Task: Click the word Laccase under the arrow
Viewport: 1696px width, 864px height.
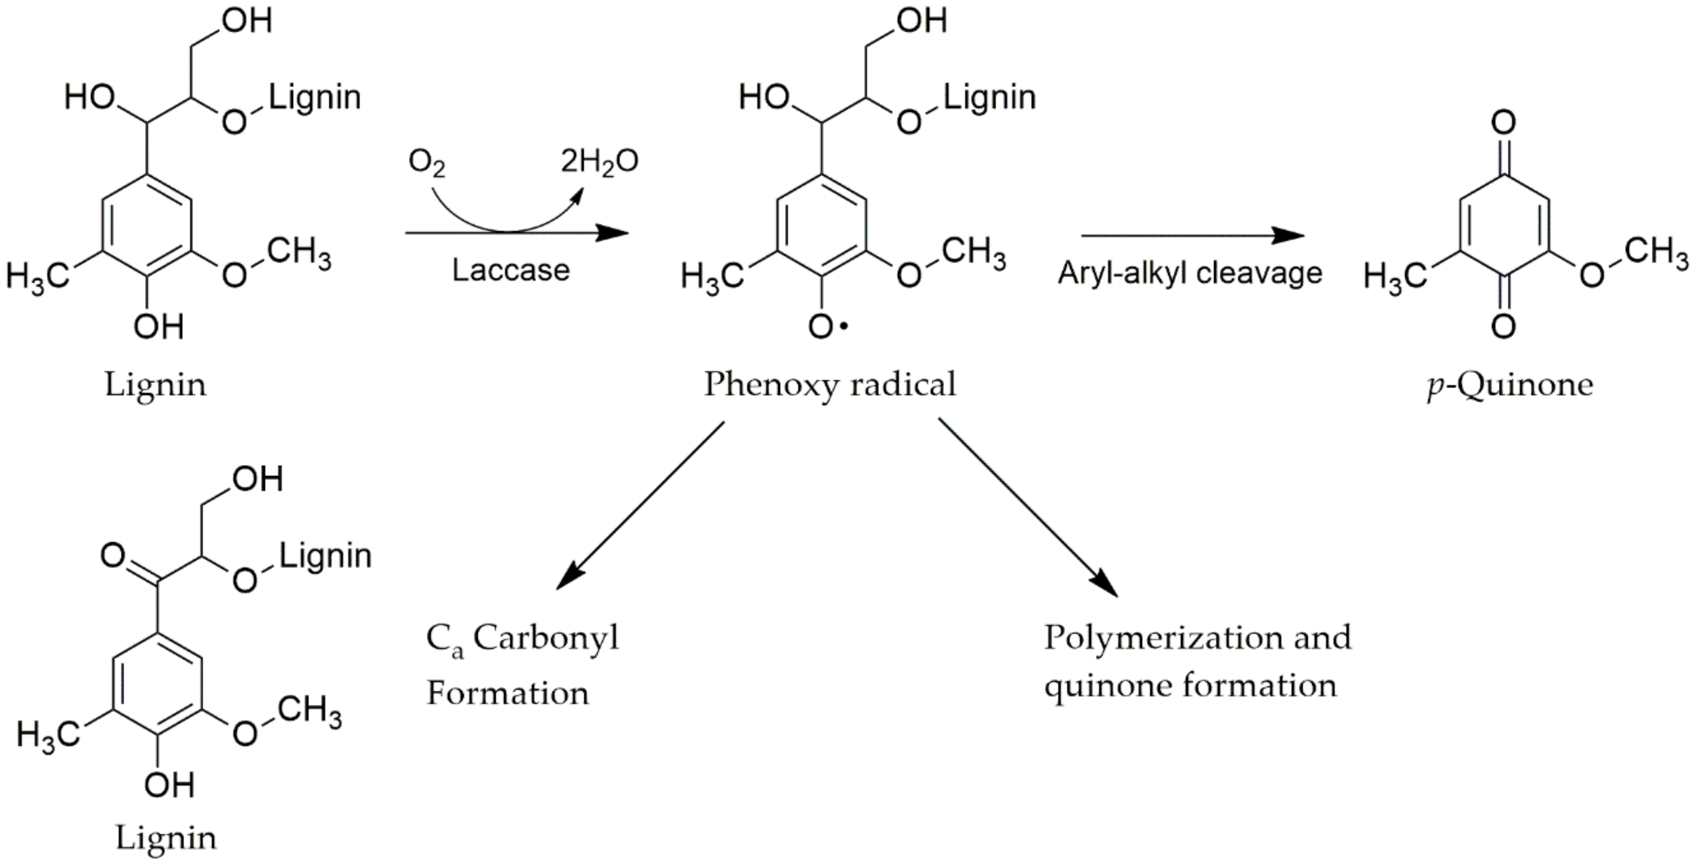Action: point(510,270)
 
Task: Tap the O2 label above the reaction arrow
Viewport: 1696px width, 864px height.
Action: point(426,162)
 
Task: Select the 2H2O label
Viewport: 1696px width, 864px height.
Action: point(599,162)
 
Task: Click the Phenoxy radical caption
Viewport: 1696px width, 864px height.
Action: point(830,384)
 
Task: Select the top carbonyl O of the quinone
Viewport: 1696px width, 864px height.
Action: point(1503,123)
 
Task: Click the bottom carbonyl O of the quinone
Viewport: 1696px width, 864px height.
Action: point(1503,326)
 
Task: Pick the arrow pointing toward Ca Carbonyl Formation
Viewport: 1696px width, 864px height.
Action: point(639,507)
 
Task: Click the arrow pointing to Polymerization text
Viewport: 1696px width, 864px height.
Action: point(1027,507)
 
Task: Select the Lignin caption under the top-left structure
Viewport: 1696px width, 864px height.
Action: point(155,384)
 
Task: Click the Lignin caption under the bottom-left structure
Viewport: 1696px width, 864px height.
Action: point(166,838)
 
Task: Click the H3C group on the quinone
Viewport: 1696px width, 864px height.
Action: point(1395,275)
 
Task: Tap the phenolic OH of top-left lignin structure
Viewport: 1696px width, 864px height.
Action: point(158,326)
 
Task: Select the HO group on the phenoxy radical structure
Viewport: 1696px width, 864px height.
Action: point(764,98)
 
